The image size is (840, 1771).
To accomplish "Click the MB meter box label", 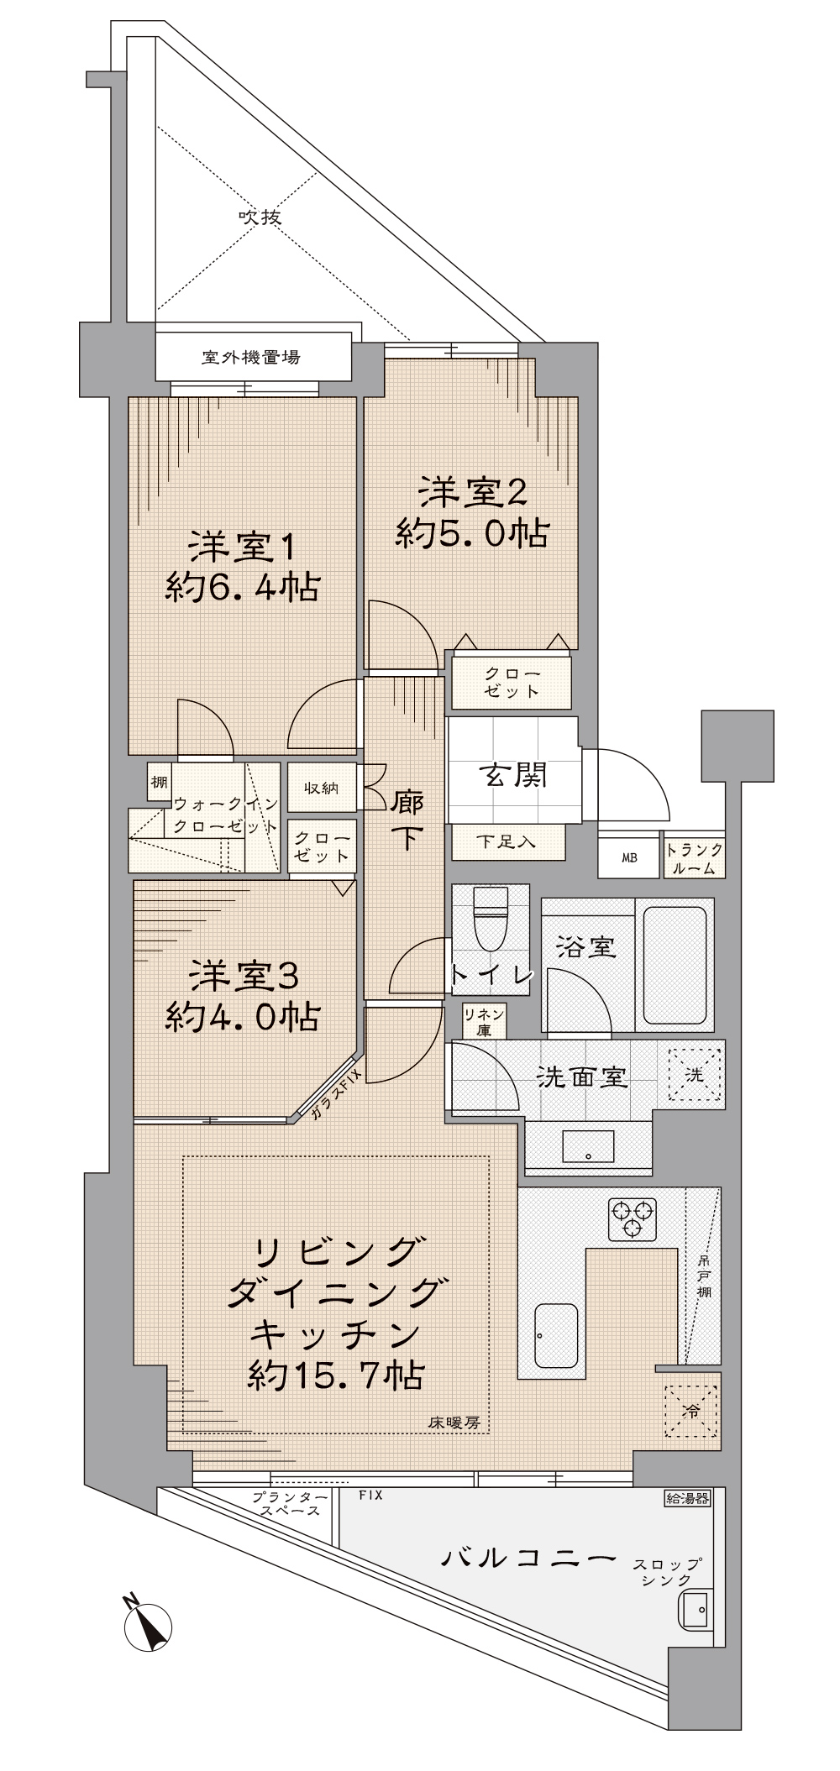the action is [629, 858].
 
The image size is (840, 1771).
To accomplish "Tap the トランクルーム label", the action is [695, 859].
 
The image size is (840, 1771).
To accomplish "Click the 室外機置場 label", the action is [251, 357].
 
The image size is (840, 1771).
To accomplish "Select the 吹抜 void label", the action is [260, 217].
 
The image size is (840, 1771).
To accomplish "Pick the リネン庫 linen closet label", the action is [484, 1022].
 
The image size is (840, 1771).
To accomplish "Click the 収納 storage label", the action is [321, 788].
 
